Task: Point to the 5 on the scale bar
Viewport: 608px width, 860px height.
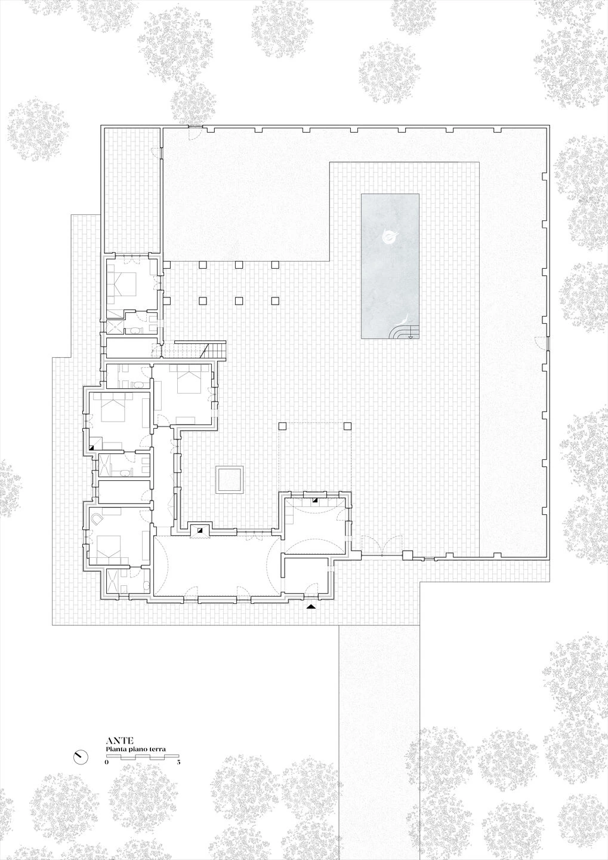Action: (x=178, y=763)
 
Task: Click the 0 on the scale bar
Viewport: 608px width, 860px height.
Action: (x=107, y=763)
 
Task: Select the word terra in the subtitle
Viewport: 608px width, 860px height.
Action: (x=157, y=749)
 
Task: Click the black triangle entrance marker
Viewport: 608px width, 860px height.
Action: (x=311, y=607)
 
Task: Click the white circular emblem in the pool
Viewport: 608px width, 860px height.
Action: (x=389, y=238)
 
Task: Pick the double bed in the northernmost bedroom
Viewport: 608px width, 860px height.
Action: (x=125, y=283)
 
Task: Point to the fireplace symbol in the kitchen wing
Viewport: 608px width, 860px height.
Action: (x=314, y=500)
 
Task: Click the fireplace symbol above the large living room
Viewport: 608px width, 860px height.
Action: (x=200, y=529)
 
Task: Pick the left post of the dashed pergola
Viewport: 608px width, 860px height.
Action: (x=283, y=426)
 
